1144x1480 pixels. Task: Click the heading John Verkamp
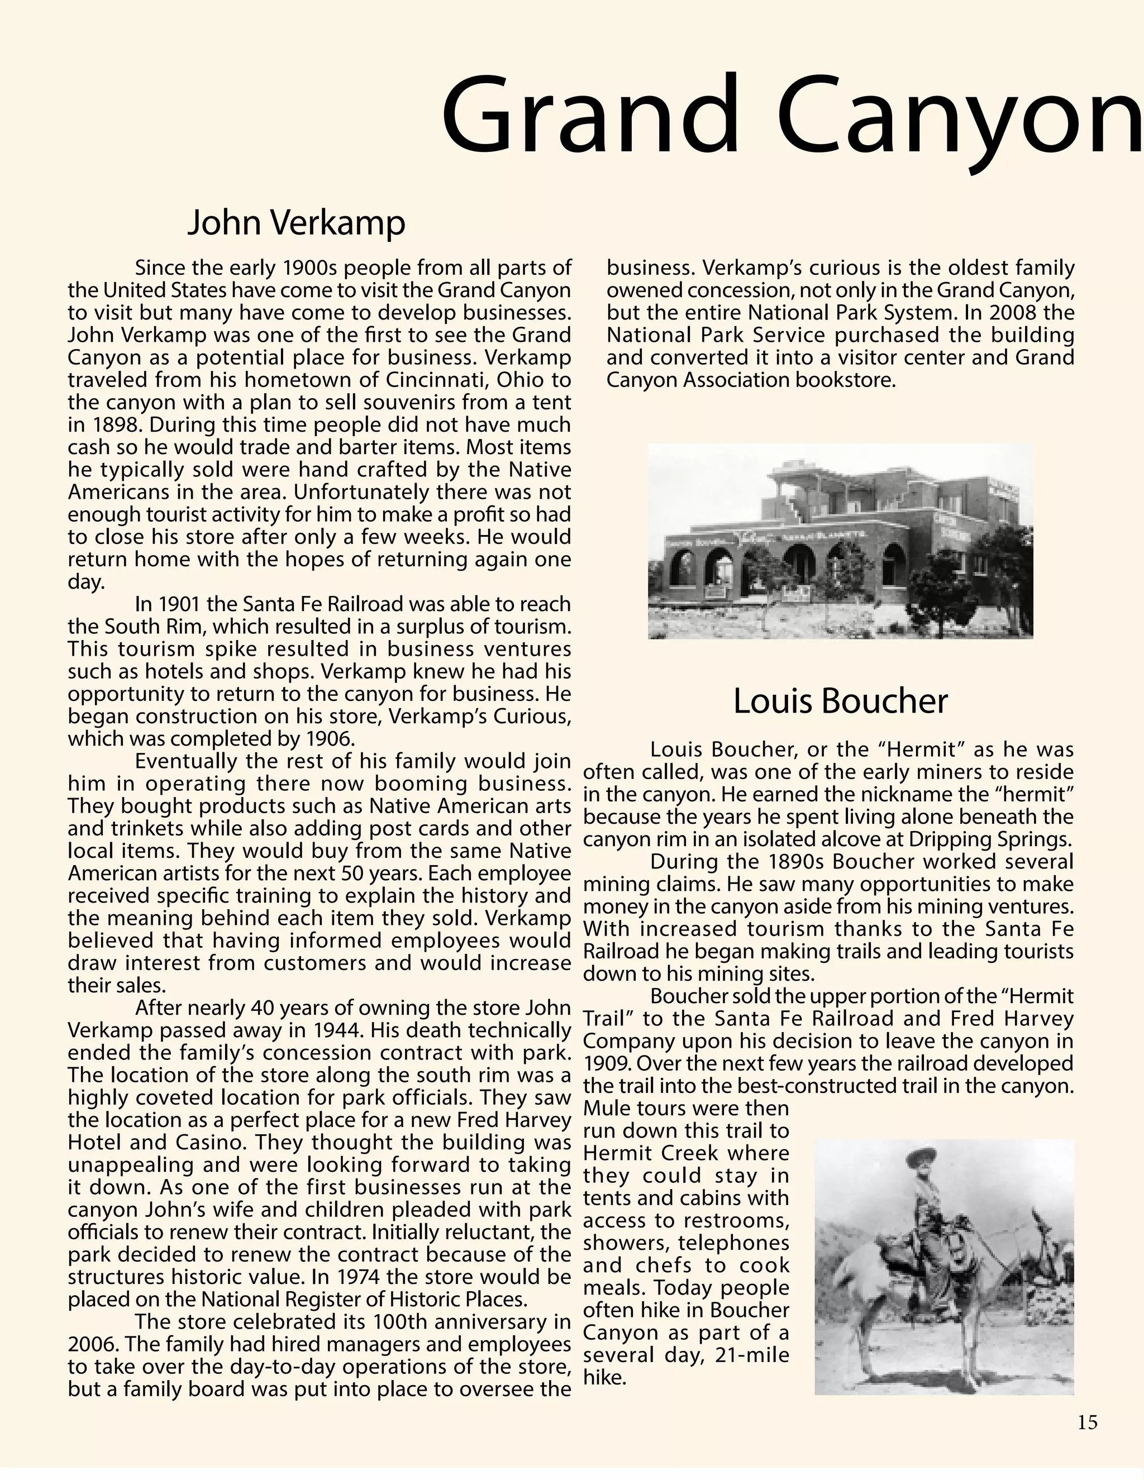(x=296, y=223)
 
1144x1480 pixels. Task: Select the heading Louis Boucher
(x=840, y=701)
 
